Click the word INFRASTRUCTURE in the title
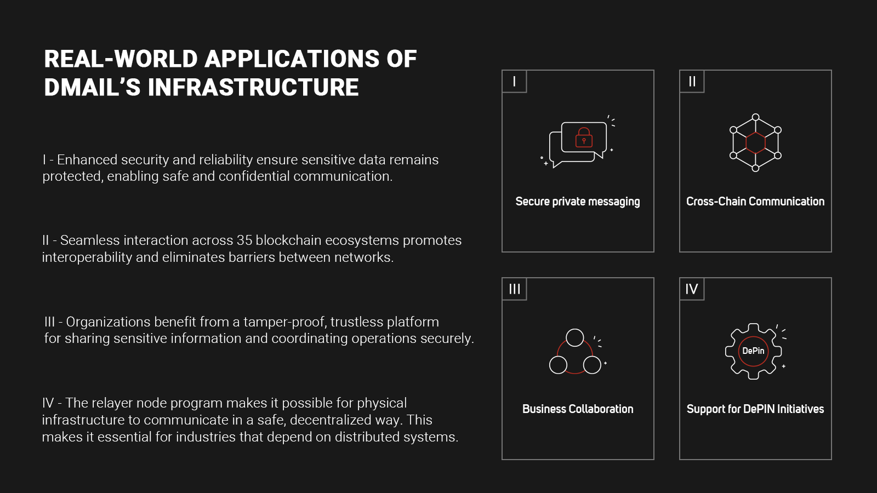tap(253, 88)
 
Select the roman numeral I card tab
tap(514, 82)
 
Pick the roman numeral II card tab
tap(692, 82)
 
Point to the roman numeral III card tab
tap(514, 289)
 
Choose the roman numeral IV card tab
tap(692, 289)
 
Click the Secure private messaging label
tap(578, 202)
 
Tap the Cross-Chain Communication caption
tap(755, 202)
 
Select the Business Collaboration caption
tap(578, 409)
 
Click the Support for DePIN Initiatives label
tap(755, 409)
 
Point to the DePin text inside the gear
tap(753, 351)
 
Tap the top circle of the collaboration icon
tap(575, 337)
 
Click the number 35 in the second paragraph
tap(244, 240)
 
